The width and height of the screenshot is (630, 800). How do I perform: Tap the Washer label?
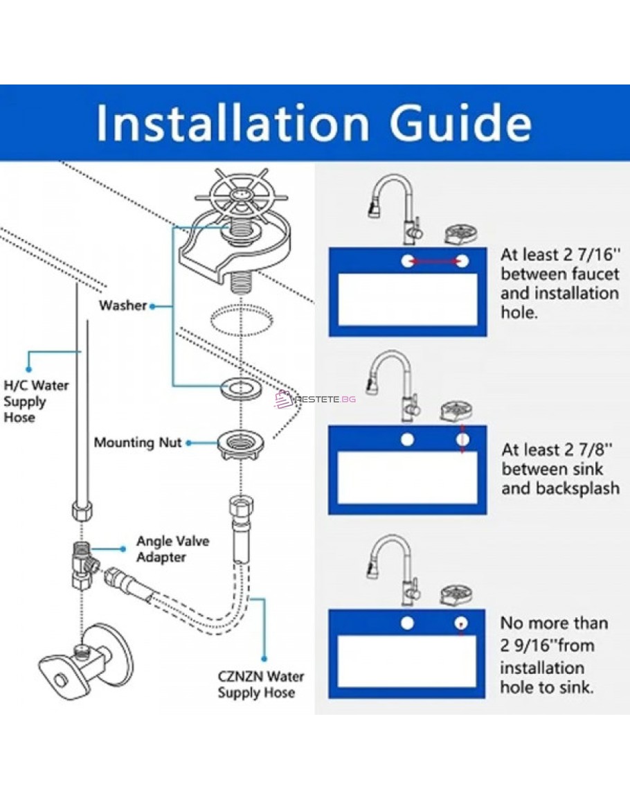tap(123, 305)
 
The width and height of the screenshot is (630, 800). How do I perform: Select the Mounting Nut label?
tap(138, 442)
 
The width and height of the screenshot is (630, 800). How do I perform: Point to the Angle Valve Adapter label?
tap(172, 549)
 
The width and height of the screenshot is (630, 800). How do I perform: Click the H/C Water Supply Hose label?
tap(36, 401)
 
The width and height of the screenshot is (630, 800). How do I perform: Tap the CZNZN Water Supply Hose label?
tap(260, 684)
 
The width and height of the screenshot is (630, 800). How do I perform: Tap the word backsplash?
tap(579, 488)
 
